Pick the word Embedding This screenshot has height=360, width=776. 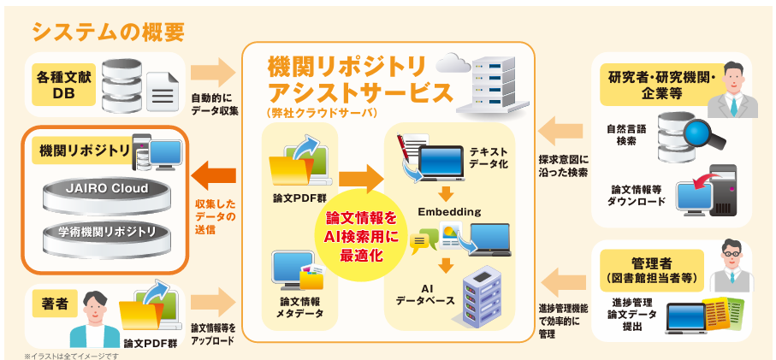pos(449,211)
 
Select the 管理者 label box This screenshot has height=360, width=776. pos(655,263)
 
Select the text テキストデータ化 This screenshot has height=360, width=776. pos(489,156)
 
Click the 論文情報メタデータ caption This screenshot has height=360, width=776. pos(299,307)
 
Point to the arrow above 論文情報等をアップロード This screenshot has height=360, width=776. pos(213,301)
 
